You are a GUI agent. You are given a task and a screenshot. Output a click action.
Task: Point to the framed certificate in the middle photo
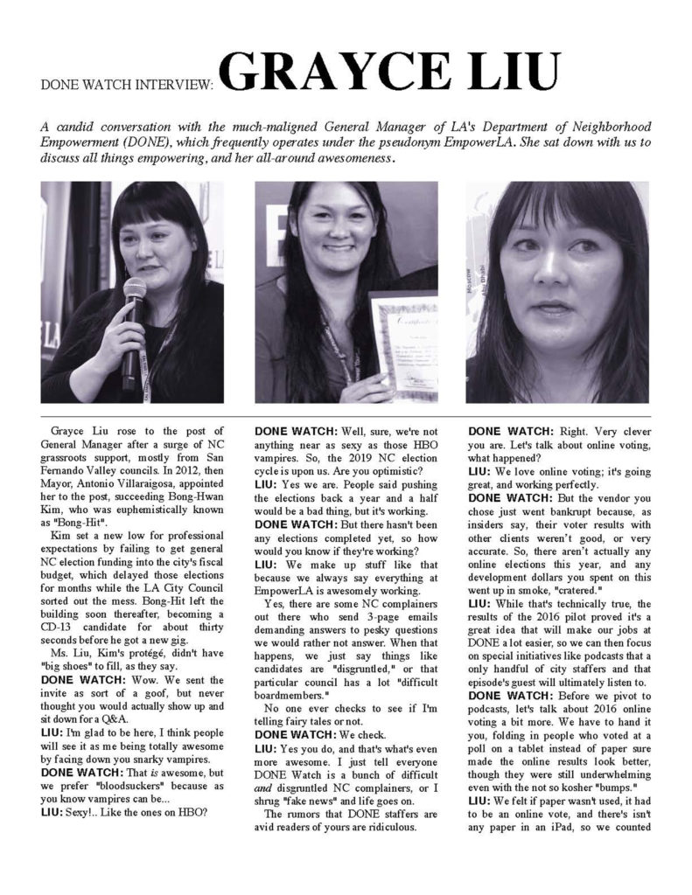(404, 343)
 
